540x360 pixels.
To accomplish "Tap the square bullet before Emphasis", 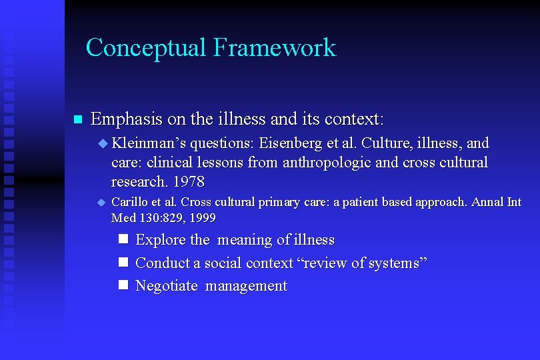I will click(77, 120).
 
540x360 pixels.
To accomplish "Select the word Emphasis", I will click(127, 120).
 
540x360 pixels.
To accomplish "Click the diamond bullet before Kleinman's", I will click(102, 143).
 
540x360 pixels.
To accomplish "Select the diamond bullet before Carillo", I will click(102, 202).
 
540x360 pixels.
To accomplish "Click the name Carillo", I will click(130, 202).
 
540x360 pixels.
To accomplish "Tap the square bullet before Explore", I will click(123, 239).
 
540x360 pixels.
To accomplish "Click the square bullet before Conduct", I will click(123, 262).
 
